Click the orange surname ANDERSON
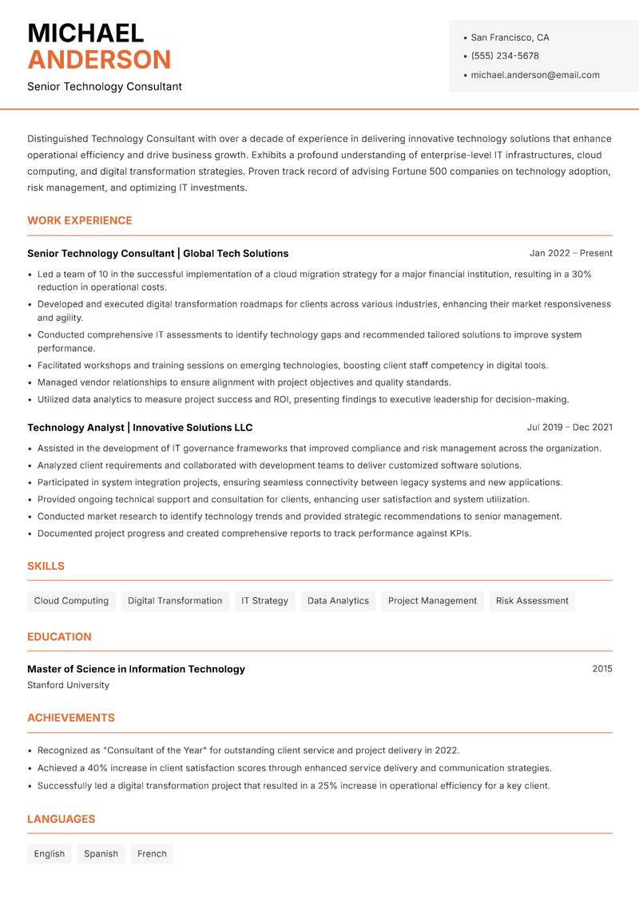tap(99, 60)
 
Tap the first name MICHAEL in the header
tap(85, 34)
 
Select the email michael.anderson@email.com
tap(534, 75)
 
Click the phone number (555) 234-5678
tap(504, 56)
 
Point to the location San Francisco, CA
tap(510, 38)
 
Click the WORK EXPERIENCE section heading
tap(80, 220)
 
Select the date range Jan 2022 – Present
tap(570, 253)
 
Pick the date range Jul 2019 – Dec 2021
tap(570, 428)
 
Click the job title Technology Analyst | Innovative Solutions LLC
tap(140, 428)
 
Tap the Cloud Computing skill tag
tap(71, 601)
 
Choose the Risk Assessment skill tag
tap(532, 601)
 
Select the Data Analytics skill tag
tap(338, 601)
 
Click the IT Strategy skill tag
tap(264, 601)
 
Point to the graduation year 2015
tap(601, 669)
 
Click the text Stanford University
tap(68, 685)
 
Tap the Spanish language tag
tap(101, 854)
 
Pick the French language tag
tap(152, 854)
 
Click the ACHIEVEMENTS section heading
tap(71, 718)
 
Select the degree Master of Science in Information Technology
tap(136, 669)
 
